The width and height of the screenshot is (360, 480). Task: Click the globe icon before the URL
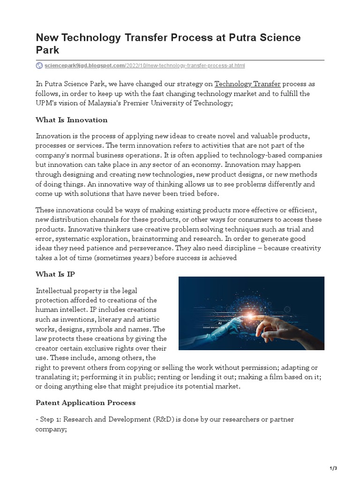click(39, 66)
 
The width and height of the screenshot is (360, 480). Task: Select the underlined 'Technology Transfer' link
click(247, 84)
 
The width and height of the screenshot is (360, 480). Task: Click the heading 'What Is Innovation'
click(72, 120)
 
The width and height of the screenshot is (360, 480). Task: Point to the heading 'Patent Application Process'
click(86, 403)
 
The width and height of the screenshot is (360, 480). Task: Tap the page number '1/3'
click(334, 468)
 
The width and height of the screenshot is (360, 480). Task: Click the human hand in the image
click(295, 323)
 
